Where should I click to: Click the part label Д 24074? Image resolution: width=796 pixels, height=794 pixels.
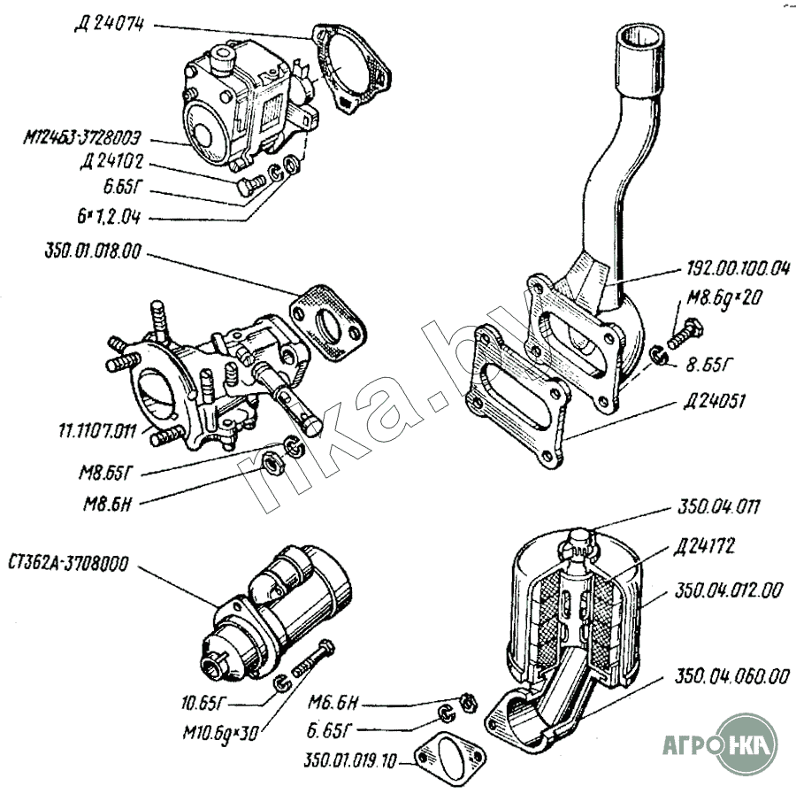(112, 25)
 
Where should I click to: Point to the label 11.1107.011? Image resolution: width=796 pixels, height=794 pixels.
(91, 432)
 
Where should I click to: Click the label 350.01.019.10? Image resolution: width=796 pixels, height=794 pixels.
(352, 759)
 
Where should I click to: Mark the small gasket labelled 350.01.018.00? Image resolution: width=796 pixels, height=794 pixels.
(331, 324)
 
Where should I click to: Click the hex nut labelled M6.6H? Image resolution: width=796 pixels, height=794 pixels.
(469, 700)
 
